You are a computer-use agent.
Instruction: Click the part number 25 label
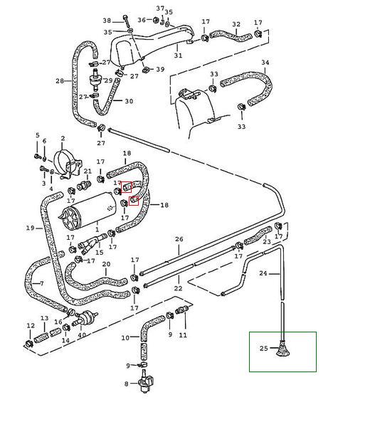coord(263,348)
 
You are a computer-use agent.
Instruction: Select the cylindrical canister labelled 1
coord(87,211)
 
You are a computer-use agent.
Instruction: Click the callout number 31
coord(178,56)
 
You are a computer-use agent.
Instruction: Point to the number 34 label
coord(265,63)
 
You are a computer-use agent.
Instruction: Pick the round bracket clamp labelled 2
coord(68,164)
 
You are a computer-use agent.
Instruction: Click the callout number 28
coord(60,81)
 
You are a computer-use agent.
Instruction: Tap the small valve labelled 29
coord(95,79)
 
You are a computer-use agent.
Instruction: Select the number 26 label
coord(179,239)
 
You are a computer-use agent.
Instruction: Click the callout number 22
coord(178,288)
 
